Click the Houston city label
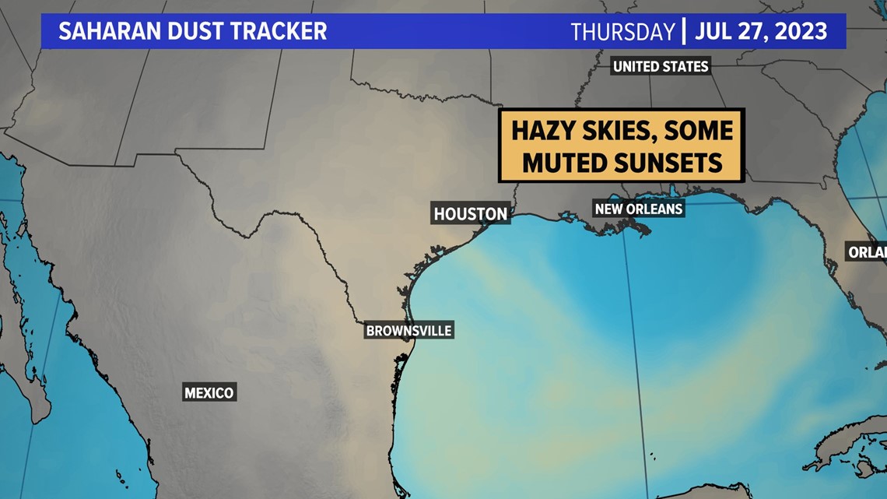point(470,213)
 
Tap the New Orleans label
point(638,209)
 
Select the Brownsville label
point(408,331)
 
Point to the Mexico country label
point(209,392)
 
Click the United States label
point(661,66)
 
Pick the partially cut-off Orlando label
point(867,252)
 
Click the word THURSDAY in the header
point(622,32)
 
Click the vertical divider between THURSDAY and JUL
point(683,32)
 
